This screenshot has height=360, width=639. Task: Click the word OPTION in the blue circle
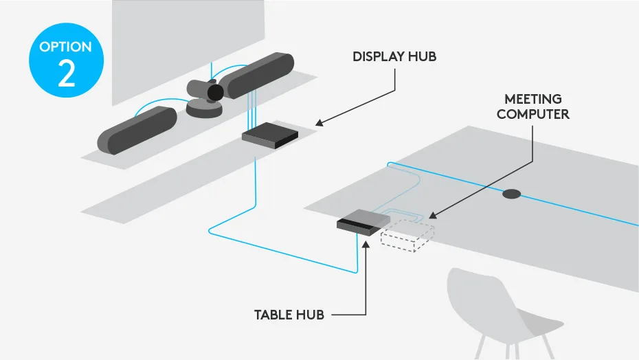pyautogui.click(x=66, y=47)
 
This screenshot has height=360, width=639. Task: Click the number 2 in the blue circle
pyautogui.click(x=66, y=74)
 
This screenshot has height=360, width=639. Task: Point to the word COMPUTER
pyautogui.click(x=532, y=114)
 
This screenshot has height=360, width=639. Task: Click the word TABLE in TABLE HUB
pyautogui.click(x=274, y=315)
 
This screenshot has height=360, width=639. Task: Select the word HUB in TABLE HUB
pyautogui.click(x=312, y=315)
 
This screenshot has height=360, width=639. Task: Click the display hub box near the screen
pyautogui.click(x=270, y=135)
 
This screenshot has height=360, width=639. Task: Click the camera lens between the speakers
pyautogui.click(x=216, y=92)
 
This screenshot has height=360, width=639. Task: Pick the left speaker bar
pyautogui.click(x=137, y=130)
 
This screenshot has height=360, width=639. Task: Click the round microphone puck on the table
pyautogui.click(x=511, y=194)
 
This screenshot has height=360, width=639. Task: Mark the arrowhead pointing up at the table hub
pyautogui.click(x=366, y=241)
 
